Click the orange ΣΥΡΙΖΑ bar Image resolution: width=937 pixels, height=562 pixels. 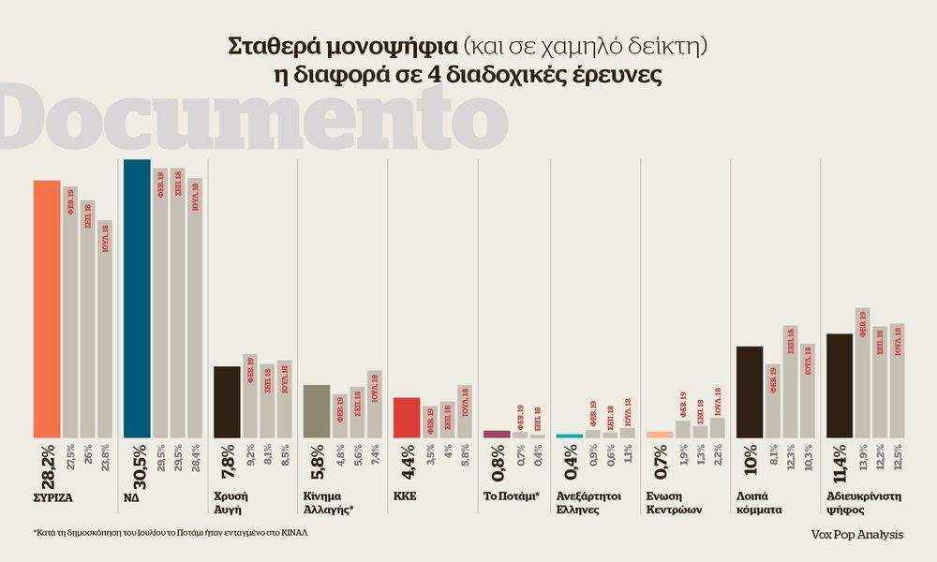(x=47, y=309)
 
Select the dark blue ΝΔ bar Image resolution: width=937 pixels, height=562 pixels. (x=137, y=300)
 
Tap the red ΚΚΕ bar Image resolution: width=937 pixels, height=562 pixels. (x=406, y=418)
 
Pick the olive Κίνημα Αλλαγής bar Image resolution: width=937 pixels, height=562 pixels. (x=316, y=411)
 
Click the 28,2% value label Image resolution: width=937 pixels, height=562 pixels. (x=46, y=464)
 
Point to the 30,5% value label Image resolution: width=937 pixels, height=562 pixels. (x=137, y=464)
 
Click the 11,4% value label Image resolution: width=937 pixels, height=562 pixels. (x=839, y=464)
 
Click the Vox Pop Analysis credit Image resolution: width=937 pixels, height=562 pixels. (x=858, y=533)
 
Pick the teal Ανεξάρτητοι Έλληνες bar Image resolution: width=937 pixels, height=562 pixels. (x=569, y=436)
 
